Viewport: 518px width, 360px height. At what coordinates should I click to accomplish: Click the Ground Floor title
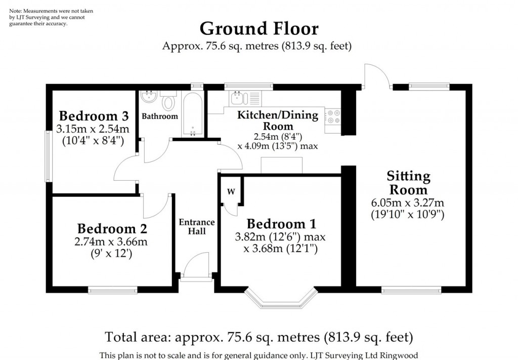tap(259, 28)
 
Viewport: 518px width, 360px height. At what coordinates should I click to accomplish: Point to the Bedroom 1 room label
tap(281, 224)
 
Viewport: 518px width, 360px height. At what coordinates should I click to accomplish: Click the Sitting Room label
tap(408, 183)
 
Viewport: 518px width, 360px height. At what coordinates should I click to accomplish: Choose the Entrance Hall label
tap(197, 226)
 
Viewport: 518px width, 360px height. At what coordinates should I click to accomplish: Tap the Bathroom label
tap(159, 116)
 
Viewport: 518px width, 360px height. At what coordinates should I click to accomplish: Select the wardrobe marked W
tap(231, 191)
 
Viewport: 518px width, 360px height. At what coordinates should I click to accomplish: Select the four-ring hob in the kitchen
tap(333, 117)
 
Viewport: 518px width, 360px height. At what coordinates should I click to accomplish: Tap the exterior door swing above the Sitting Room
tap(375, 76)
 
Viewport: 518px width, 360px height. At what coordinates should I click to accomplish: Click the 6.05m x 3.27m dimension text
tap(408, 203)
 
